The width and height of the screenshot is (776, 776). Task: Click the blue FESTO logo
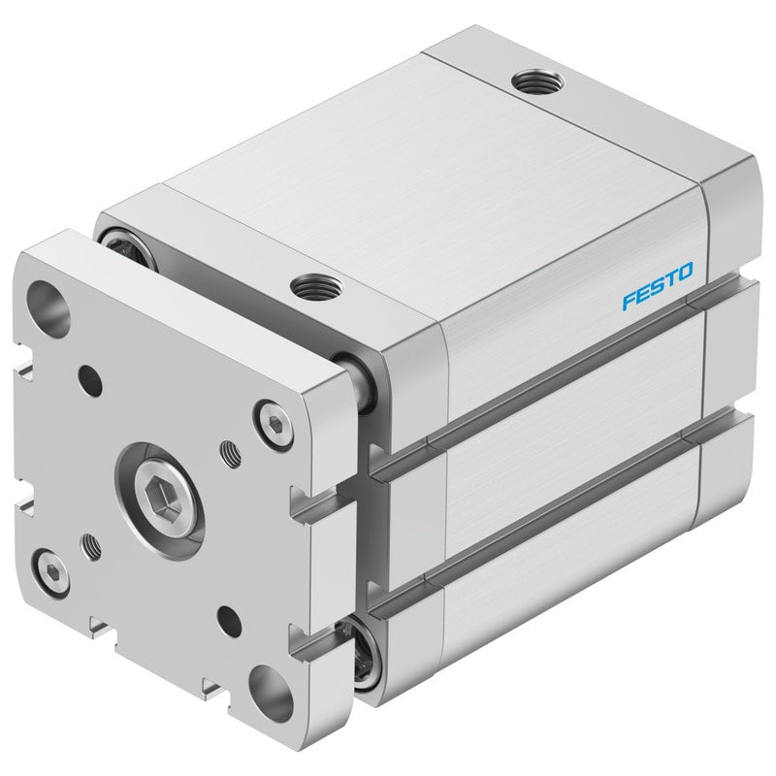[658, 286]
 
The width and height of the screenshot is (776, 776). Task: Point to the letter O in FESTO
[686, 272]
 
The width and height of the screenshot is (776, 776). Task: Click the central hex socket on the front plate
[162, 500]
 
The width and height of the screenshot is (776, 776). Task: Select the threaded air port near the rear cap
[537, 81]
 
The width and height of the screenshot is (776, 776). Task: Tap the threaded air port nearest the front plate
[316, 286]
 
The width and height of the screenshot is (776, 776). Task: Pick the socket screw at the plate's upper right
[273, 424]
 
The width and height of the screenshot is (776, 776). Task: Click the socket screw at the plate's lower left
[52, 572]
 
